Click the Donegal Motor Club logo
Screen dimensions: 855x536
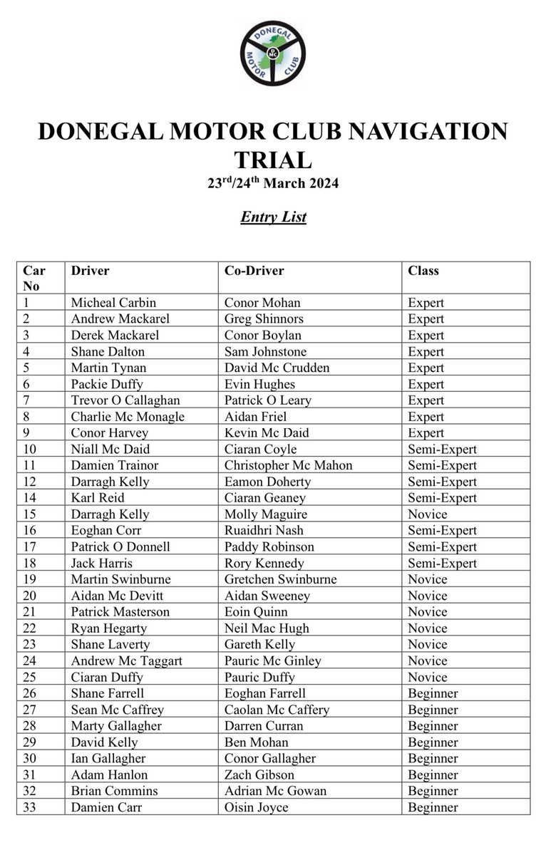point(272,52)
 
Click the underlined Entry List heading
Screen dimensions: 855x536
point(273,216)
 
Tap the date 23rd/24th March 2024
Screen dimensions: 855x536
point(273,183)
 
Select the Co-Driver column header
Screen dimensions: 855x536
point(254,271)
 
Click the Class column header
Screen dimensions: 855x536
point(423,271)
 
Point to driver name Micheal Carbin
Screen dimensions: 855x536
point(113,302)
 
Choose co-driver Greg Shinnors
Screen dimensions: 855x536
point(264,318)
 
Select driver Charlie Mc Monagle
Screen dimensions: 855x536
point(128,417)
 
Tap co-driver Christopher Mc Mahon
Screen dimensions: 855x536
point(288,465)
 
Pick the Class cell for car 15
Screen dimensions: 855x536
point(428,514)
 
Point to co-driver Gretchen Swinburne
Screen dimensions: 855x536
point(281,579)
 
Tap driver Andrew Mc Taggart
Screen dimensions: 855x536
point(127,660)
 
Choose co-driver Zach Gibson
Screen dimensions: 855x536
point(259,774)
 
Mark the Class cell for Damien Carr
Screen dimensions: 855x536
point(433,807)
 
